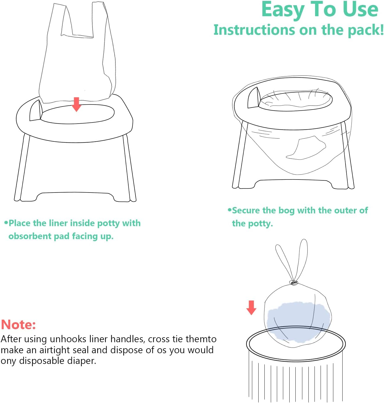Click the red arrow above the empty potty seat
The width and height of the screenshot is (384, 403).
click(76, 104)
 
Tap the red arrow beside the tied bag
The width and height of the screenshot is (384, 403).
click(251, 307)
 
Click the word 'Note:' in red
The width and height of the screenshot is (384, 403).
click(19, 325)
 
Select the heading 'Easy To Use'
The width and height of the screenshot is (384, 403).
click(319, 10)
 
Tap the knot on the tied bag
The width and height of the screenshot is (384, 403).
click(294, 283)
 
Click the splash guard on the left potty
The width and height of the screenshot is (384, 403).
click(36, 111)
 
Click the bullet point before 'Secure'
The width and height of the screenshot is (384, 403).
click(230, 210)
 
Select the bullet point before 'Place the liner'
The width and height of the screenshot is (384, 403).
click(6, 223)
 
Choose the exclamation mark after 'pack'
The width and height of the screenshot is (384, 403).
click(381, 30)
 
